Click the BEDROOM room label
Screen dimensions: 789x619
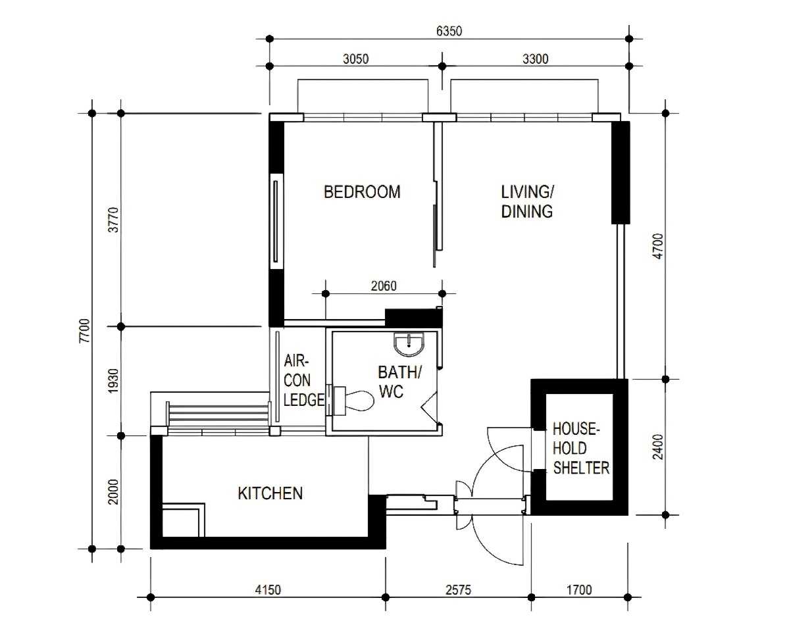click(362, 192)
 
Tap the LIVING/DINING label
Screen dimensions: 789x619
click(527, 201)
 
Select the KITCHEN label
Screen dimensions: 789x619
click(270, 493)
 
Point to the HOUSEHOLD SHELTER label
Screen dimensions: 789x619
click(580, 449)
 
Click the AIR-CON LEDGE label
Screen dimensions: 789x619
click(303, 381)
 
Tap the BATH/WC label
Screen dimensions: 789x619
click(399, 382)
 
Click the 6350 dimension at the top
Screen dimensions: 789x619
click(449, 31)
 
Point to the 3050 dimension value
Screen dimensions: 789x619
click(356, 59)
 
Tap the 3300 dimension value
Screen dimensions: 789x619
click(536, 59)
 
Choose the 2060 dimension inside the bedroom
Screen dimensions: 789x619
click(384, 285)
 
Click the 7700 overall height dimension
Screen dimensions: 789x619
click(84, 330)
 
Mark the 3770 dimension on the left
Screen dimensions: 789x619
click(114, 220)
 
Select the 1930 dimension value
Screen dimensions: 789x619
click(114, 381)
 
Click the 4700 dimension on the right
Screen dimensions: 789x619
click(657, 247)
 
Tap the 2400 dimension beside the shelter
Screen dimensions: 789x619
click(657, 447)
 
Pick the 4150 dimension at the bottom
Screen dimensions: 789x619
click(268, 589)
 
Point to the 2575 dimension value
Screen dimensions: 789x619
click(459, 589)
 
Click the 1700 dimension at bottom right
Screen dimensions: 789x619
click(579, 589)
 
